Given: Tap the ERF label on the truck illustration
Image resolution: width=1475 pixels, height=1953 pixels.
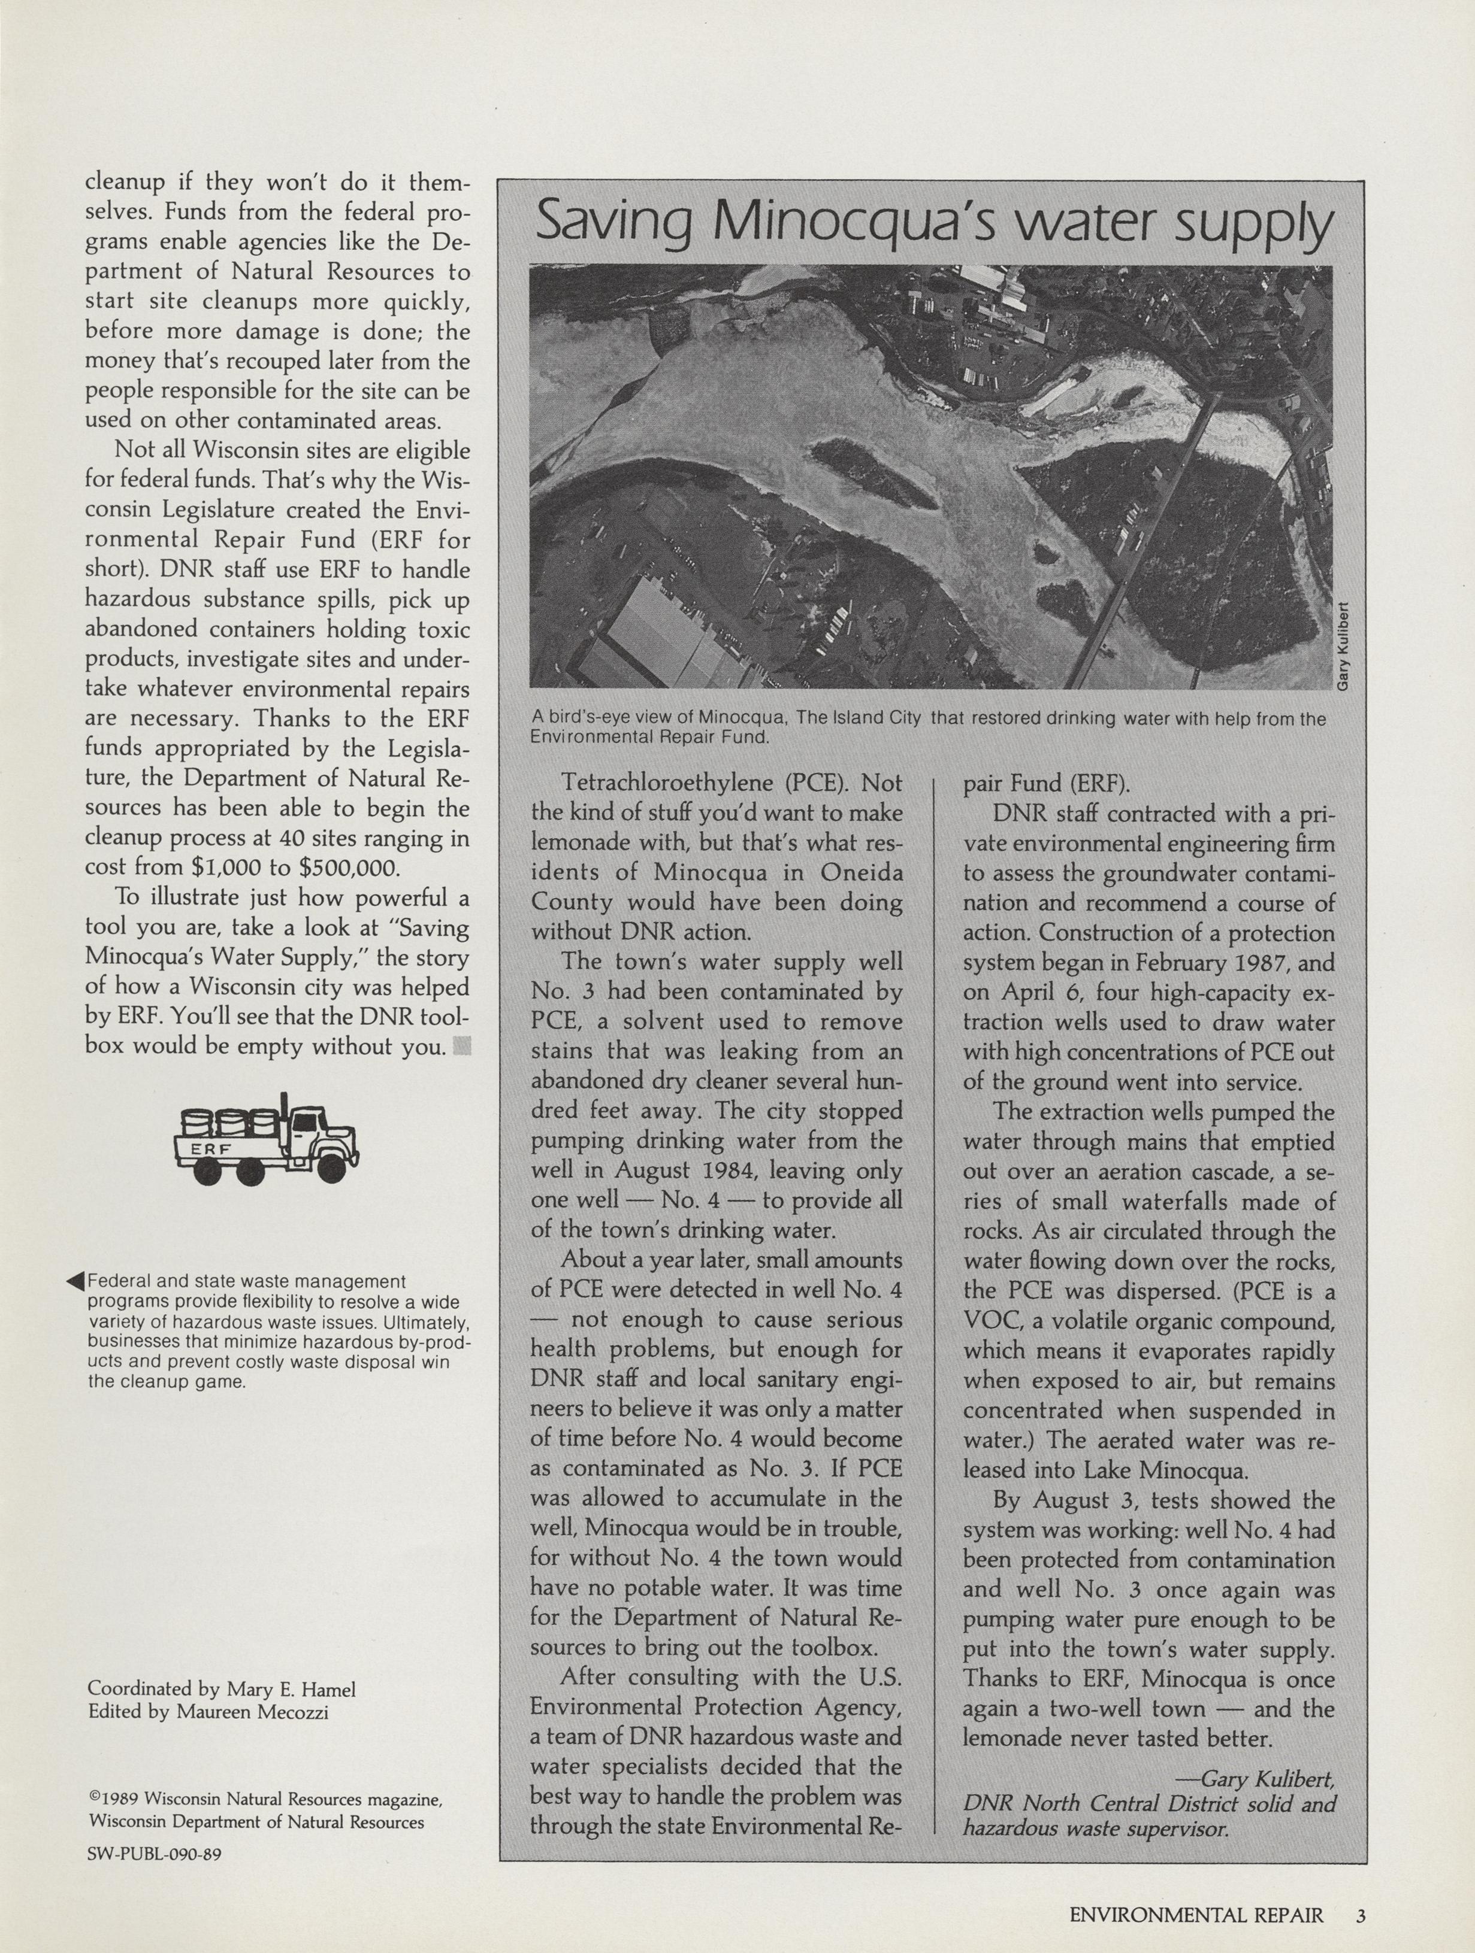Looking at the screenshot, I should (211, 1149).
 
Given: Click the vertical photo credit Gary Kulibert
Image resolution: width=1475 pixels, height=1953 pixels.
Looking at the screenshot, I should (1343, 647).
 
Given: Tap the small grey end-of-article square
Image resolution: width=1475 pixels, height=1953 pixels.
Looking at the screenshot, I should (462, 1047).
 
